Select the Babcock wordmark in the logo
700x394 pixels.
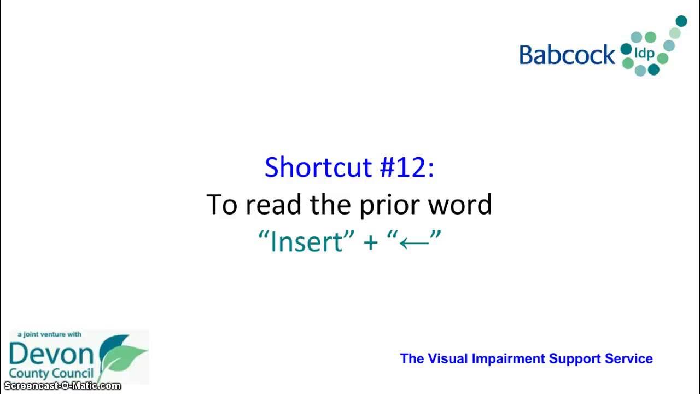coord(567,55)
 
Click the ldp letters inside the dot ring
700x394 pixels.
coord(644,54)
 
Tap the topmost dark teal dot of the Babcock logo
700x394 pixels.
coord(681,21)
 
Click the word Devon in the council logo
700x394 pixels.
coord(51,355)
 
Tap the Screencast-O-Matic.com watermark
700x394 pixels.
coord(61,386)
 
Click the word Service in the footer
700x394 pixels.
coord(628,359)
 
